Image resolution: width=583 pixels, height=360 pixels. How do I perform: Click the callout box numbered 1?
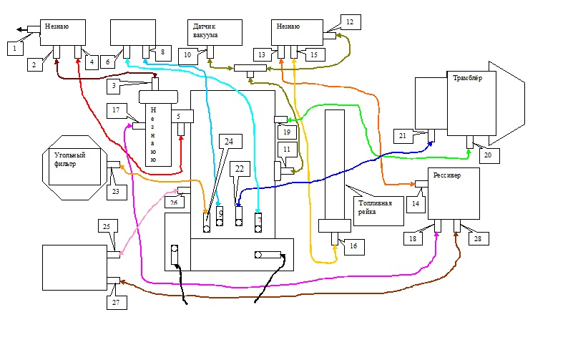(15, 48)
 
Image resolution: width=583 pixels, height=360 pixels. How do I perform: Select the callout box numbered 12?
(350, 21)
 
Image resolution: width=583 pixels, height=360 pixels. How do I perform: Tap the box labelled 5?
(182, 115)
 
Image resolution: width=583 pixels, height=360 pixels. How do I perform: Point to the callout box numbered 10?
(187, 54)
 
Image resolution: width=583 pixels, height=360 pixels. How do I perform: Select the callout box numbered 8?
(162, 52)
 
